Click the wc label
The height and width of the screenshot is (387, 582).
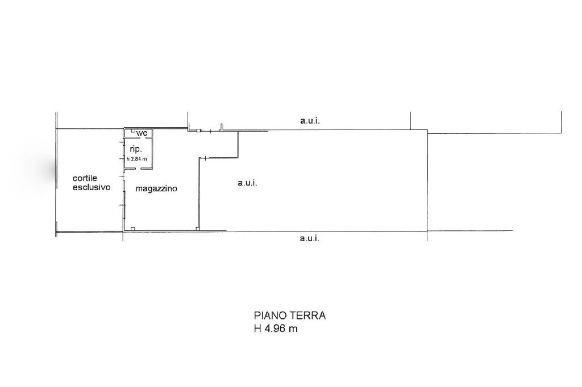[x=142, y=133]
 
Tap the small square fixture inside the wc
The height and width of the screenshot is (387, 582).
[x=133, y=131]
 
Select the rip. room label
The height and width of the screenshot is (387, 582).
[x=136, y=149]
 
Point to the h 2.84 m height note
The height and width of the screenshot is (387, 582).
[x=137, y=159]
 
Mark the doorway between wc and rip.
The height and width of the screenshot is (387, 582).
[x=138, y=137]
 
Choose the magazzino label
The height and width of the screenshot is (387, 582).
[x=156, y=188]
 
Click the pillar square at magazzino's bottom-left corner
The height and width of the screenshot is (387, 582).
[x=133, y=228]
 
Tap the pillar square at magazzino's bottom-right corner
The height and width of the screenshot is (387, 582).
[x=198, y=229]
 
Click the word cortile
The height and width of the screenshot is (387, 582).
[x=85, y=178]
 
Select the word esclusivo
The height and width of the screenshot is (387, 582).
[x=92, y=187]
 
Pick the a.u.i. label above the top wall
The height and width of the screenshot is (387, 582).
[x=310, y=120]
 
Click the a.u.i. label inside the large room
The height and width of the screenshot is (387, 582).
[x=248, y=183]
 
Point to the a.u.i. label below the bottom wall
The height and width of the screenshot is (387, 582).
[x=310, y=238]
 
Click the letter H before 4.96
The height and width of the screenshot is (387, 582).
[x=257, y=329]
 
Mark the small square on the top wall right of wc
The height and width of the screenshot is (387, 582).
[x=199, y=131]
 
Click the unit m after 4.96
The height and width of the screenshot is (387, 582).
[x=293, y=329]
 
